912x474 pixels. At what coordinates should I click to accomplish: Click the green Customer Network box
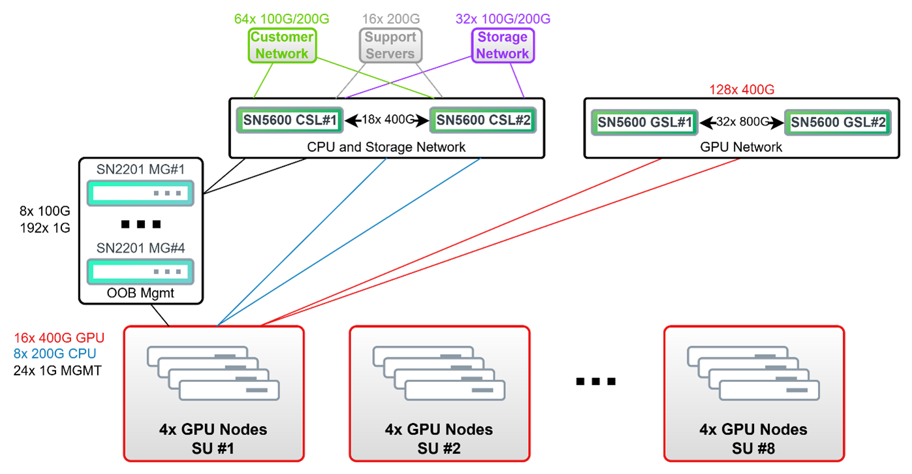(x=282, y=45)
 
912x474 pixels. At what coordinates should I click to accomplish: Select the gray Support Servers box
(x=390, y=45)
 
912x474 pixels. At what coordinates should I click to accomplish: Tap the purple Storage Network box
(x=503, y=45)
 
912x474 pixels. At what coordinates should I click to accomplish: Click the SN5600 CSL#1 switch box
(x=290, y=121)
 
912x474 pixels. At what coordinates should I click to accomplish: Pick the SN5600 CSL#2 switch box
(x=483, y=121)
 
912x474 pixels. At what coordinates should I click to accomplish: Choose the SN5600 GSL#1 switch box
(x=644, y=122)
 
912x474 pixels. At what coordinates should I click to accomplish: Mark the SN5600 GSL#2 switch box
(x=838, y=122)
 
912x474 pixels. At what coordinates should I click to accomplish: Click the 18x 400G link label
(x=388, y=120)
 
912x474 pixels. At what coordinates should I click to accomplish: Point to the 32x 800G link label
(x=742, y=121)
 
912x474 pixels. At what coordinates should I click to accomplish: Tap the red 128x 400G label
(x=742, y=90)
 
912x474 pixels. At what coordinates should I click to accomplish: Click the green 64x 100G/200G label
(x=281, y=19)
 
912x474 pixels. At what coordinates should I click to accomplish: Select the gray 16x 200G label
(x=390, y=19)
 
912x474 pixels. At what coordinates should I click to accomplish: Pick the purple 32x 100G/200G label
(x=503, y=19)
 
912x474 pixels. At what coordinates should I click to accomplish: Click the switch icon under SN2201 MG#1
(x=140, y=193)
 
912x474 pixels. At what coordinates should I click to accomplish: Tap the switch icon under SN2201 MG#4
(x=140, y=272)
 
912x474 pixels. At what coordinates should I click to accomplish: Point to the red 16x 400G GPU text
(x=59, y=338)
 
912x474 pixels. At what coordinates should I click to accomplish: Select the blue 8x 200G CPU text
(x=55, y=354)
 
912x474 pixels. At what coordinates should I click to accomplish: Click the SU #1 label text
(x=213, y=449)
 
